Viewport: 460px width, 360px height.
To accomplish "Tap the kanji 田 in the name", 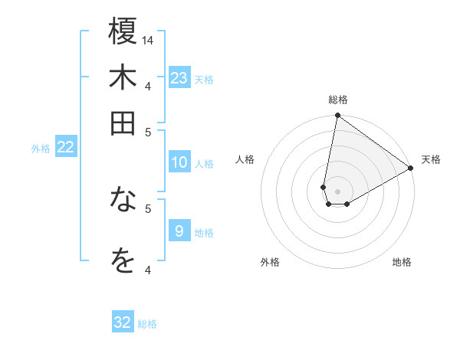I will point(123,123).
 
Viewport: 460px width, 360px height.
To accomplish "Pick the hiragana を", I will point(123,261).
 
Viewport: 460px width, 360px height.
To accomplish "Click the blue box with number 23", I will point(179,78).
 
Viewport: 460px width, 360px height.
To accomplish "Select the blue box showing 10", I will point(179,162).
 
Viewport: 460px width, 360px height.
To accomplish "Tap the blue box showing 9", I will point(179,231).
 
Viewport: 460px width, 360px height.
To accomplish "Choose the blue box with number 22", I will point(65,147).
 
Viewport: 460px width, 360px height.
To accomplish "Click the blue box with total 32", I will point(123,322).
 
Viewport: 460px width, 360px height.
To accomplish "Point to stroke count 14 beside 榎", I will point(148,40).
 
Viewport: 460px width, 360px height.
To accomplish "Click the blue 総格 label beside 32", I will point(147,324).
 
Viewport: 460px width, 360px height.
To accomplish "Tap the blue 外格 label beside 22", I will point(41,149).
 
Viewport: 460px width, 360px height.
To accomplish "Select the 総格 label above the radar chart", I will point(338,100).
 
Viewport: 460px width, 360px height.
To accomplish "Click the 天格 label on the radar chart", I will point(431,159).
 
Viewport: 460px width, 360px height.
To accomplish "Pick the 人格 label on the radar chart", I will point(245,159).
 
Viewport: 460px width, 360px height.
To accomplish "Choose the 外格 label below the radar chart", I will point(269,262).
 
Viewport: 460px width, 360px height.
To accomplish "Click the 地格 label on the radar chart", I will point(402,262).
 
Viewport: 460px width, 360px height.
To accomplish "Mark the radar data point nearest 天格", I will point(411,169).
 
